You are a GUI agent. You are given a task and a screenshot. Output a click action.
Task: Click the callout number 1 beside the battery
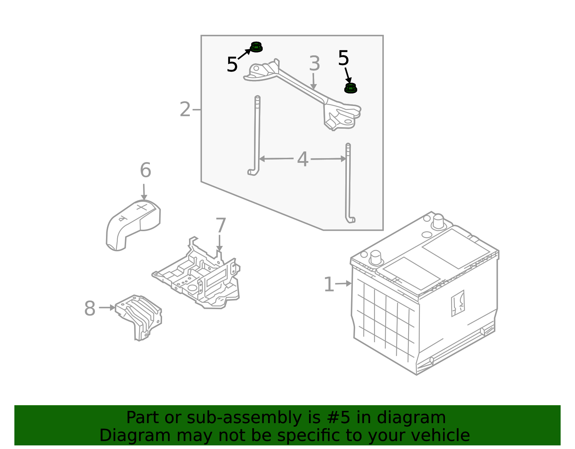pyautogui.click(x=329, y=284)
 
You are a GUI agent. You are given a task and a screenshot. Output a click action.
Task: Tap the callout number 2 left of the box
pyautogui.click(x=185, y=109)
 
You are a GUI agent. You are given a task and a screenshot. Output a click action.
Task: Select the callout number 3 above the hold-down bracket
pyautogui.click(x=314, y=64)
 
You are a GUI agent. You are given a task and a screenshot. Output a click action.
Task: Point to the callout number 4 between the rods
pyautogui.click(x=303, y=159)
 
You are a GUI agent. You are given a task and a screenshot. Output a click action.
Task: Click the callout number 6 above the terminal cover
pyautogui.click(x=146, y=170)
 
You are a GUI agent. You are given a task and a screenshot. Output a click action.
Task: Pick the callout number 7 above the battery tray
pyautogui.click(x=221, y=225)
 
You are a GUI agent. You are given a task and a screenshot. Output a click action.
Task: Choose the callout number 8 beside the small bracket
pyautogui.click(x=90, y=308)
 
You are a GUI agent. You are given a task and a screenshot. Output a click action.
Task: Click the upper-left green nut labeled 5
pyautogui.click(x=256, y=47)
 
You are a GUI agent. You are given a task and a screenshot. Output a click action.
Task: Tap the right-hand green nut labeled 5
pyautogui.click(x=351, y=88)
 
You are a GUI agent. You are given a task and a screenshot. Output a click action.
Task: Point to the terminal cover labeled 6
pyautogui.click(x=133, y=225)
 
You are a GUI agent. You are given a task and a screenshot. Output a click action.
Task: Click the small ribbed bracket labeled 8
pyautogui.click(x=138, y=317)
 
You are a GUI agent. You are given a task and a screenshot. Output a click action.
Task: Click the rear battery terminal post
pyautogui.click(x=438, y=222)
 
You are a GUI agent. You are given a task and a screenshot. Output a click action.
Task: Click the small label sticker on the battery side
pyautogui.click(x=458, y=303)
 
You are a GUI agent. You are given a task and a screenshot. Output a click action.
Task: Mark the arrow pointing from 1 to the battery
pyautogui.click(x=344, y=284)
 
